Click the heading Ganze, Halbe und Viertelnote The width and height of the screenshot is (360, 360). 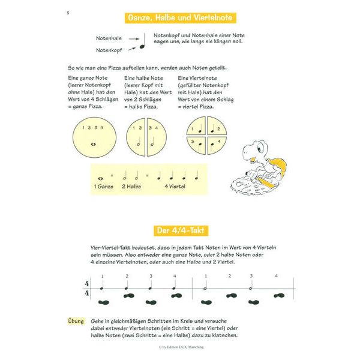[180, 17]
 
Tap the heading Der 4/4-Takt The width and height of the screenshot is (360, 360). [180, 230]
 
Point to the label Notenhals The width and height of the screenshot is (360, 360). [108, 37]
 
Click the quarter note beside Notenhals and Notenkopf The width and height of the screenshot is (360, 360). [143, 41]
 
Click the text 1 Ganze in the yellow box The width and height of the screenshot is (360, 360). [104, 187]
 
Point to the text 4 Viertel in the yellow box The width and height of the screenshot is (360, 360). [175, 187]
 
